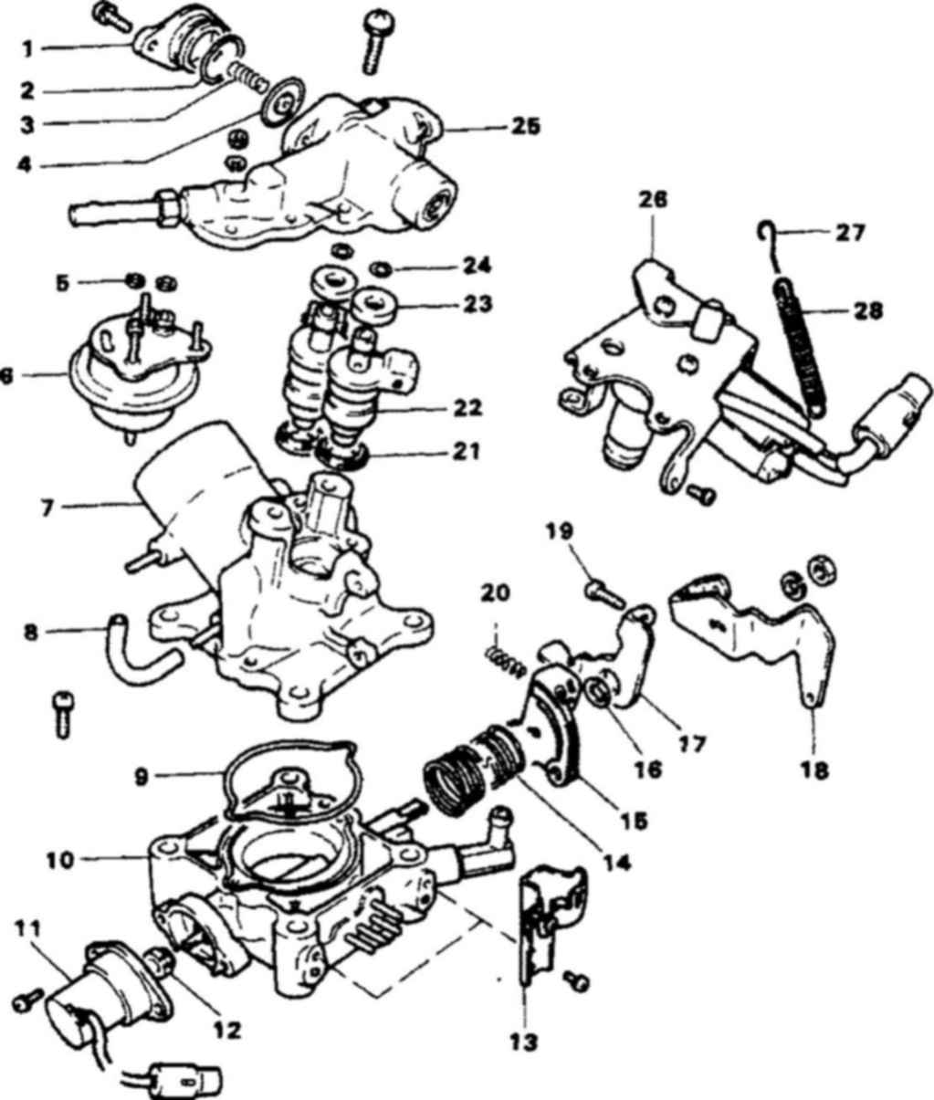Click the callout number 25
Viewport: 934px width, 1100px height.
[x=525, y=127]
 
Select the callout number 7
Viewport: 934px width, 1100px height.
[x=47, y=508]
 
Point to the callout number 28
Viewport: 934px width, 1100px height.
[x=867, y=310]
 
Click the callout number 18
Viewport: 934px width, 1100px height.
[x=815, y=770]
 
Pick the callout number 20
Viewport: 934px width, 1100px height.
[x=496, y=593]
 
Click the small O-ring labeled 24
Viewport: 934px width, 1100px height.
[x=382, y=270]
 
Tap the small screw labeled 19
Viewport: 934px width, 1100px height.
[x=604, y=594]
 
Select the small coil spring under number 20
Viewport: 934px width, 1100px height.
[x=506, y=665]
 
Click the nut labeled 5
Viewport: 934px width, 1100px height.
[x=137, y=280]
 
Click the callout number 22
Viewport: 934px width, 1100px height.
[x=467, y=408]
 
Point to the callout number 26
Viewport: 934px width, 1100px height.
[x=654, y=200]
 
